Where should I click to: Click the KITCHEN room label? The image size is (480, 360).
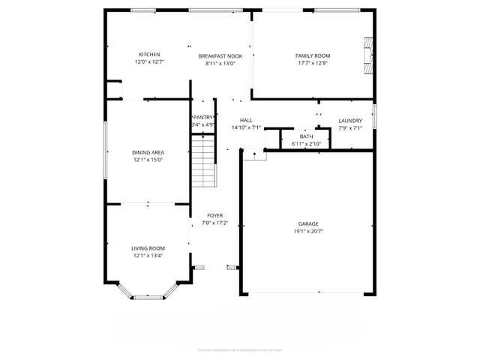pyautogui.click(x=148, y=55)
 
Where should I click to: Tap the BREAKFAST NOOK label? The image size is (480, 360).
pyautogui.click(x=220, y=56)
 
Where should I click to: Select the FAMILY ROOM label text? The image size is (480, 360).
pyautogui.click(x=312, y=56)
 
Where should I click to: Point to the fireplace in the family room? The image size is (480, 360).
pyautogui.click(x=367, y=53)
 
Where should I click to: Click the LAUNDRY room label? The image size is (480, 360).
pyautogui.click(x=350, y=121)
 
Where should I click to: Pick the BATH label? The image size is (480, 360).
pyautogui.click(x=306, y=136)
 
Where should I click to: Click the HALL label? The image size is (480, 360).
pyautogui.click(x=246, y=121)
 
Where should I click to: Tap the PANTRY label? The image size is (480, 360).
pyautogui.click(x=203, y=118)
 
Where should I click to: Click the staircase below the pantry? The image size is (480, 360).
pyautogui.click(x=203, y=162)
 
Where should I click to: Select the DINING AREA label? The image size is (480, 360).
pyautogui.click(x=148, y=152)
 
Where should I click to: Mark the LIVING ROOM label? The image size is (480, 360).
pyautogui.click(x=148, y=248)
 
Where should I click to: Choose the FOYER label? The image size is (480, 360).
pyautogui.click(x=215, y=215)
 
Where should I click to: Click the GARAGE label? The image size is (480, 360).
pyautogui.click(x=308, y=224)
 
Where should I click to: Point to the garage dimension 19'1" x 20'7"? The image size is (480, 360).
pyautogui.click(x=308, y=232)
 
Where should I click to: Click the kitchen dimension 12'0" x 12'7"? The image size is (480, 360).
pyautogui.click(x=148, y=62)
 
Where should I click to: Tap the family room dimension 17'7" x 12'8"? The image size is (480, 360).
pyautogui.click(x=312, y=64)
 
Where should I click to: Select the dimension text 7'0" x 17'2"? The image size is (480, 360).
pyautogui.click(x=215, y=223)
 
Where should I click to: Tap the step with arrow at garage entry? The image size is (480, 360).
pyautogui.click(x=255, y=156)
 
